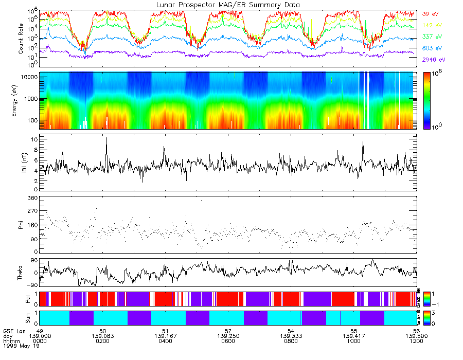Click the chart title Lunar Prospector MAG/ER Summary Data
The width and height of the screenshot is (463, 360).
pos(228,5)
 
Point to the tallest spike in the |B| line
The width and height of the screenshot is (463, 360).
pos(106,138)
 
